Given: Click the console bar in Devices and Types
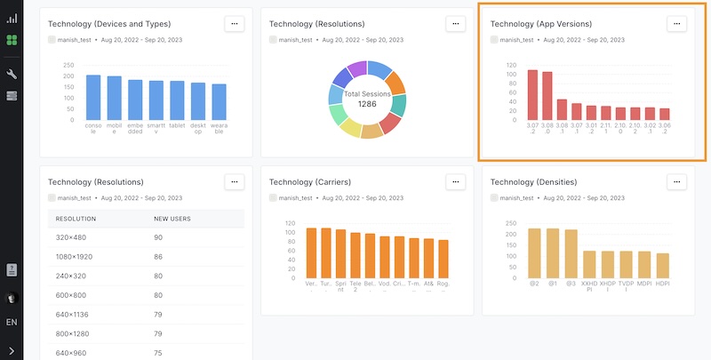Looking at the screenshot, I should coord(93,97).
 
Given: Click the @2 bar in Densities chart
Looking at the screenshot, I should coord(534,252).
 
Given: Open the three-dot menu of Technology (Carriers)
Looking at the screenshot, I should coord(455,181).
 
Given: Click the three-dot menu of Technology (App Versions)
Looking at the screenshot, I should coord(677,24).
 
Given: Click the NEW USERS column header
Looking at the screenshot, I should coord(172,219).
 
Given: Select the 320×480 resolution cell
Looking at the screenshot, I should coord(71,237).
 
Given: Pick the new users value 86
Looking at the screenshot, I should coord(159,257).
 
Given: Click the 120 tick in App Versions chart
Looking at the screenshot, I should coord(512,65).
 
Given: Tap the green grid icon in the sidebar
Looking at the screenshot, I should coord(12,41).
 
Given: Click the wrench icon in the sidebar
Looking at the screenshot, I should coord(12,75).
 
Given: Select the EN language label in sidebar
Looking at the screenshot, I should coord(12,322).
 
